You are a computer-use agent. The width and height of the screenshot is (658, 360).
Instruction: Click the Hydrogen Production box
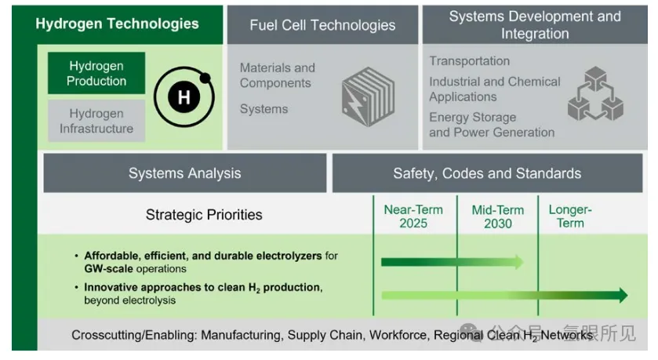pyautogui.click(x=96, y=73)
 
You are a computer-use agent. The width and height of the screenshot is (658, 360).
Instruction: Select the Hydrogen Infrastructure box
pyautogui.click(x=96, y=121)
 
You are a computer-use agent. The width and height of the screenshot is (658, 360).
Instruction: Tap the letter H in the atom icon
pyautogui.click(x=184, y=98)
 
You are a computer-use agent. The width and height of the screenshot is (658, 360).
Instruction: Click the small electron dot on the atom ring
pyautogui.click(x=205, y=78)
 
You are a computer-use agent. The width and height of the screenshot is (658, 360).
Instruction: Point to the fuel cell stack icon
pyautogui.click(x=368, y=97)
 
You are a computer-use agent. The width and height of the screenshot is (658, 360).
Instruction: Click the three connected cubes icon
pyautogui.click(x=595, y=93)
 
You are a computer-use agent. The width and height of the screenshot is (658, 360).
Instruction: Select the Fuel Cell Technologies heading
pyautogui.click(x=322, y=25)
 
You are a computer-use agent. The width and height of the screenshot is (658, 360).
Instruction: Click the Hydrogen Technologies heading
pyautogui.click(x=117, y=24)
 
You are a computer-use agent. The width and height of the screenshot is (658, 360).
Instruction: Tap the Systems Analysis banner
pyautogui.click(x=185, y=173)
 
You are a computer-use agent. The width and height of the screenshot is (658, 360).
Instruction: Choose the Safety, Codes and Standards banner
pyautogui.click(x=487, y=173)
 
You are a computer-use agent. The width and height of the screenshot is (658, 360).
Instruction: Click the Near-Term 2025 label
pyautogui.click(x=413, y=216)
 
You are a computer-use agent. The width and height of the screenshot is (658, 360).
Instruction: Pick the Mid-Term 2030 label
pyautogui.click(x=498, y=216)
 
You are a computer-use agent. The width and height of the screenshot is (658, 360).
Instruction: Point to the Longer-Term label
pyautogui.click(x=570, y=216)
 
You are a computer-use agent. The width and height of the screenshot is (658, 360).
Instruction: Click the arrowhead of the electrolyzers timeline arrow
pyautogui.click(x=519, y=262)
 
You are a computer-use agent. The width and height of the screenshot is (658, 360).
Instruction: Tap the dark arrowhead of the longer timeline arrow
pyautogui.click(x=623, y=296)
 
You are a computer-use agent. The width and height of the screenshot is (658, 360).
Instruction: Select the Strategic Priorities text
pyautogui.click(x=204, y=215)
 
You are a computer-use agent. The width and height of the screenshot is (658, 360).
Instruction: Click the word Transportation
pyautogui.click(x=469, y=61)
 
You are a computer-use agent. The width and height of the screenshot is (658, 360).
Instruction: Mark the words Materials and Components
pyautogui.click(x=278, y=75)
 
